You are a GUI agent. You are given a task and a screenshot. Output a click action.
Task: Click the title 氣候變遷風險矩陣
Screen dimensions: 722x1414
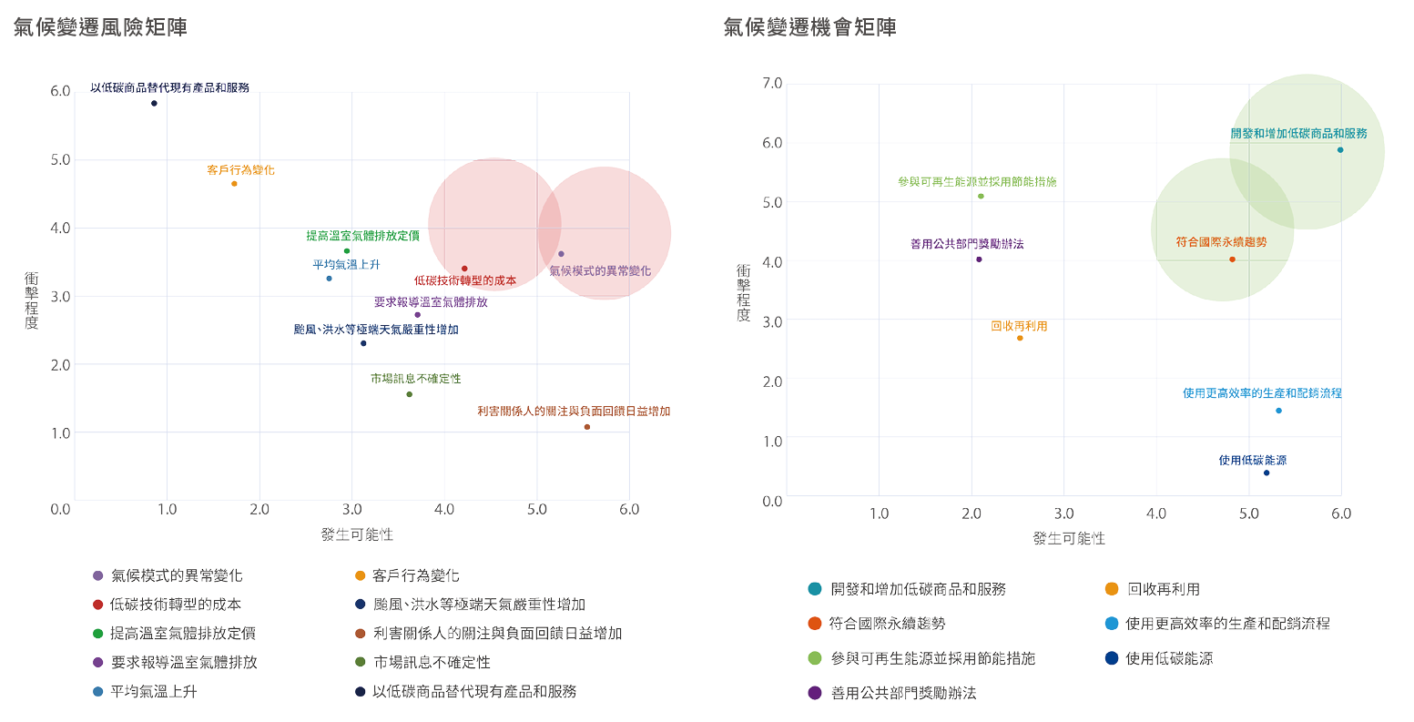tap(100, 27)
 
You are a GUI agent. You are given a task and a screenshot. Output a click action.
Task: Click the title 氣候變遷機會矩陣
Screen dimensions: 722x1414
tap(809, 27)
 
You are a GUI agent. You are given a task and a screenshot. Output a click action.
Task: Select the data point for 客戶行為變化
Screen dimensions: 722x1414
tap(234, 184)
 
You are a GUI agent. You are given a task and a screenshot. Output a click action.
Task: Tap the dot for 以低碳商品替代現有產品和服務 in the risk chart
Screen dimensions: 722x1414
tap(154, 104)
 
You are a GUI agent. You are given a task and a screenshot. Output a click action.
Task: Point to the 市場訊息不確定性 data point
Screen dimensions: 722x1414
tap(409, 394)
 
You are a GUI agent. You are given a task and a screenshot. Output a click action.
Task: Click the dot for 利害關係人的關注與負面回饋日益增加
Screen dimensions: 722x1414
tap(586, 427)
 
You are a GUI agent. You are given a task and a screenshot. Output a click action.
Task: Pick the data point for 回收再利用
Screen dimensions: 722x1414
tap(1020, 338)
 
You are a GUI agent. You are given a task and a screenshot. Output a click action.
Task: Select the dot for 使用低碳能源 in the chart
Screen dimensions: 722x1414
tap(1266, 473)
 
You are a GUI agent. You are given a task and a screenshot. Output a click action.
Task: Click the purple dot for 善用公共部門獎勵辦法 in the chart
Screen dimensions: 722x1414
tap(979, 259)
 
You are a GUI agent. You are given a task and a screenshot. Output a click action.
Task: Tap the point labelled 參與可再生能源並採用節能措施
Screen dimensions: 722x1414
tap(981, 196)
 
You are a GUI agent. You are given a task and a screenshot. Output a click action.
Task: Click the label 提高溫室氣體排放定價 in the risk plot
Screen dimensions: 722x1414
tap(362, 236)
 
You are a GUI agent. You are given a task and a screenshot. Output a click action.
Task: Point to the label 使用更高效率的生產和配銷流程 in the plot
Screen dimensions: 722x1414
tap(1262, 393)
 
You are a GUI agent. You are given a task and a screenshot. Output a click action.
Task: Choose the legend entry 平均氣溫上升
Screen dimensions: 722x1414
tap(153, 691)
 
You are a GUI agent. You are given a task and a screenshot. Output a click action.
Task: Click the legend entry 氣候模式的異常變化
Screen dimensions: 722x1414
tap(176, 575)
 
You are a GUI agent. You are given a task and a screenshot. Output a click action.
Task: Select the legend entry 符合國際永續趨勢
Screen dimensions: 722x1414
tap(887, 624)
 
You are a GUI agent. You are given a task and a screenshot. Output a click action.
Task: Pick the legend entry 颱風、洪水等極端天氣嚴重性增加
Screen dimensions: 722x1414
tap(479, 605)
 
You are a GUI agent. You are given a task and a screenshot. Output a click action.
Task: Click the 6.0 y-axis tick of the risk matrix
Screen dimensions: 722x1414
tap(60, 91)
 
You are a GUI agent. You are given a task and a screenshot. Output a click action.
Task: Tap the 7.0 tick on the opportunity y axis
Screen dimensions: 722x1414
tap(771, 84)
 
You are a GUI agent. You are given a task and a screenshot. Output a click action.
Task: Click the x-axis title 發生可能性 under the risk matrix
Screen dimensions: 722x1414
tap(357, 534)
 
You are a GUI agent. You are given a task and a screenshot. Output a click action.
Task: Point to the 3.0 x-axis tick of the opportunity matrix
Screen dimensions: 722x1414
tap(1063, 514)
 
